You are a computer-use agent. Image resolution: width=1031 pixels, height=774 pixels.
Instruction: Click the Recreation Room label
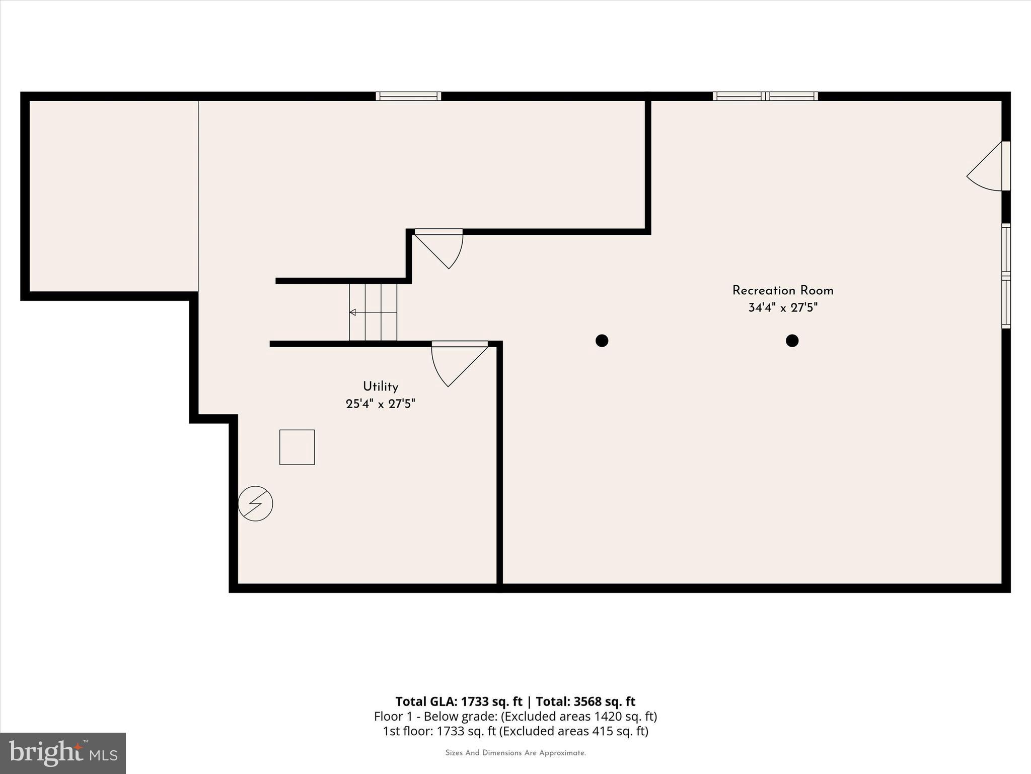coord(782,291)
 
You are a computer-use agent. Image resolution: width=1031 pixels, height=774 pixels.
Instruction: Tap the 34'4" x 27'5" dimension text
coord(782,308)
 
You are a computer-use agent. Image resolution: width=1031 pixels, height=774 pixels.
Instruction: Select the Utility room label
coord(381,386)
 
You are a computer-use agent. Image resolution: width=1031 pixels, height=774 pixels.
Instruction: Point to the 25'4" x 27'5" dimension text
coord(381,404)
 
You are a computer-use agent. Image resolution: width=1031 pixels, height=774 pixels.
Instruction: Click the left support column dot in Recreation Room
coord(602,341)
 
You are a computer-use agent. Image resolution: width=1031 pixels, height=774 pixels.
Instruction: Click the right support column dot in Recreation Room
coord(792,341)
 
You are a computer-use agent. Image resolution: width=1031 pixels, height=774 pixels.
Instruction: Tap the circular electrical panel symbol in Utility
coord(255,503)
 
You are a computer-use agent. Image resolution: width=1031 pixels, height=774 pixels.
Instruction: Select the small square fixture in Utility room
coord(297,447)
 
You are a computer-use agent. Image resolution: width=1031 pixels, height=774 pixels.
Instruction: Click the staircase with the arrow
coord(373,312)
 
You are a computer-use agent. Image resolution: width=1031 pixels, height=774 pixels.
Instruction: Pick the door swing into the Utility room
coord(456,363)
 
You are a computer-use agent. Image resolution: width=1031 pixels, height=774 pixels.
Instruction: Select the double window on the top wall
coord(765,96)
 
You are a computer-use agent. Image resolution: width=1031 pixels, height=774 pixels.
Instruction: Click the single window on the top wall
coord(408,96)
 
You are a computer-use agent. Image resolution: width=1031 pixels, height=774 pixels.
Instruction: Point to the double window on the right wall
coord(1006,276)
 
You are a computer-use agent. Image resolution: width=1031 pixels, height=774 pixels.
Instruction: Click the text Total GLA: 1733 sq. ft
coord(459,701)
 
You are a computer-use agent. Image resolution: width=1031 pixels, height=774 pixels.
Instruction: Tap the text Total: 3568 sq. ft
coord(585,701)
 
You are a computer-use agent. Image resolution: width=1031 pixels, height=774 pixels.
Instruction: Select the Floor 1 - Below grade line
coord(515,716)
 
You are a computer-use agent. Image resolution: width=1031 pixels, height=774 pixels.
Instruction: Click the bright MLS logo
coord(63,753)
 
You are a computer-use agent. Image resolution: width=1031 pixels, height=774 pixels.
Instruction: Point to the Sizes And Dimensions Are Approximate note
coord(515,753)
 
